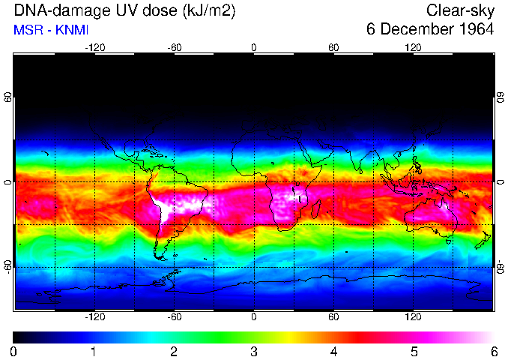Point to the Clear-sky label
pos(460,10)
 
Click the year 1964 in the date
pos(477,30)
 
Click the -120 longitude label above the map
pos(94,47)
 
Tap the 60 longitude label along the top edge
pos(333,47)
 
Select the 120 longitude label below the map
pos(413,316)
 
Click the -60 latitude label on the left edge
pos(8,266)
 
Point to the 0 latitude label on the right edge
pos(500,182)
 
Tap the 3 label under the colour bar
pos(254,351)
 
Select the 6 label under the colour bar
pos(494,351)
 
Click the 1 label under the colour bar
pos(94,351)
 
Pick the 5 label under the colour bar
pos(414,351)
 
